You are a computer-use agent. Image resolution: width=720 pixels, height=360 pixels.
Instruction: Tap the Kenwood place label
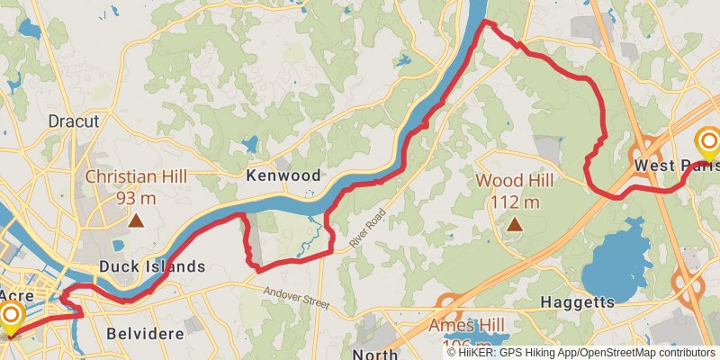tap(283, 175)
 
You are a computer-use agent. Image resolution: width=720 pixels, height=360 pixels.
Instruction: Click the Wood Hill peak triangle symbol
tap(515, 224)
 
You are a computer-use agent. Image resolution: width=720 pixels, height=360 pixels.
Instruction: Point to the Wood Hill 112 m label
tap(515, 191)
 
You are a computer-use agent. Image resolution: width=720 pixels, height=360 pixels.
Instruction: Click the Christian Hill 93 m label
tap(136, 186)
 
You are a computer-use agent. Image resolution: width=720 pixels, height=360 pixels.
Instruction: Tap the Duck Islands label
tap(152, 266)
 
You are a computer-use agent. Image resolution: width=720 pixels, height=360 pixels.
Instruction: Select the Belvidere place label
tap(145, 333)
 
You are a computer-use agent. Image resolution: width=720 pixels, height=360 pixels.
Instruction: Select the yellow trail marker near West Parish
tap(709, 142)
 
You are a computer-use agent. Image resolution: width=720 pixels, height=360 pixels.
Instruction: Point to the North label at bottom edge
tap(376, 354)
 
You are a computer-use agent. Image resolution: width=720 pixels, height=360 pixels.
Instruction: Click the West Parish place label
tap(676, 166)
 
